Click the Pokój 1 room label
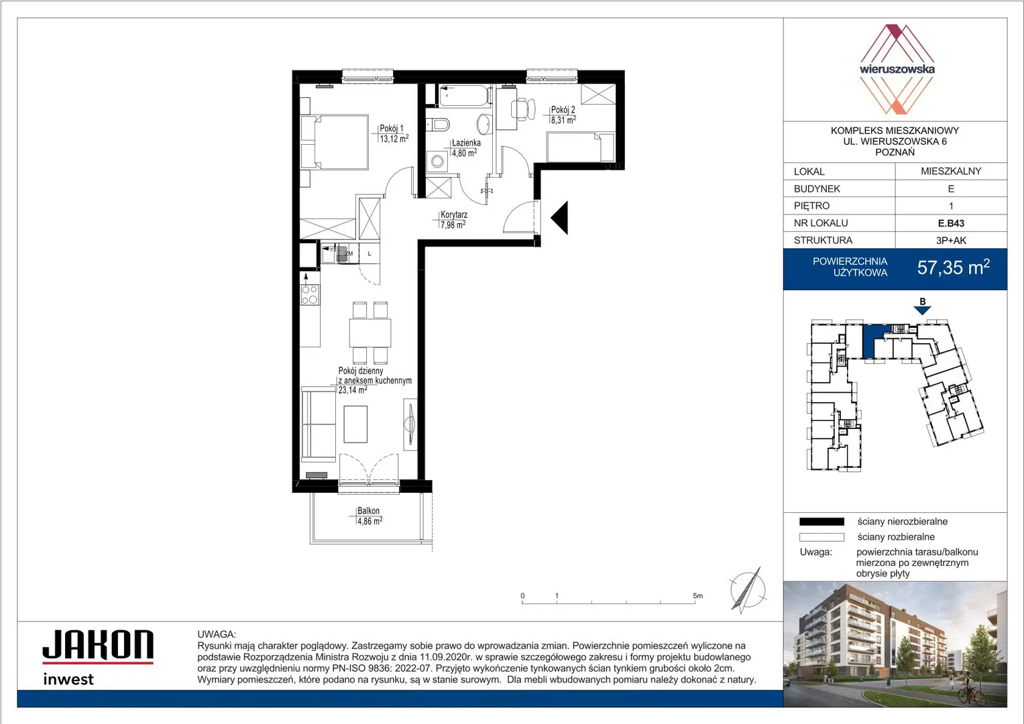coord(392,129)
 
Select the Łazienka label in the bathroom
coord(466,143)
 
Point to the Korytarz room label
coord(453,215)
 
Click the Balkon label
coord(368,511)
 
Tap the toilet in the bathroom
coord(439,123)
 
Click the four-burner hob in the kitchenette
coord(310,294)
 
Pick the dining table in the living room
coord(369,333)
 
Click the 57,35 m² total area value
coord(953,267)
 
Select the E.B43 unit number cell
coord(951,223)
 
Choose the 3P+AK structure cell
coord(951,241)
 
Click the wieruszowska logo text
coord(897,69)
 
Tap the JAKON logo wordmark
coord(99,644)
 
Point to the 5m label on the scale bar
coord(697,595)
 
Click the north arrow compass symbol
coord(747,590)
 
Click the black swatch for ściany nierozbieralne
coord(821,522)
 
